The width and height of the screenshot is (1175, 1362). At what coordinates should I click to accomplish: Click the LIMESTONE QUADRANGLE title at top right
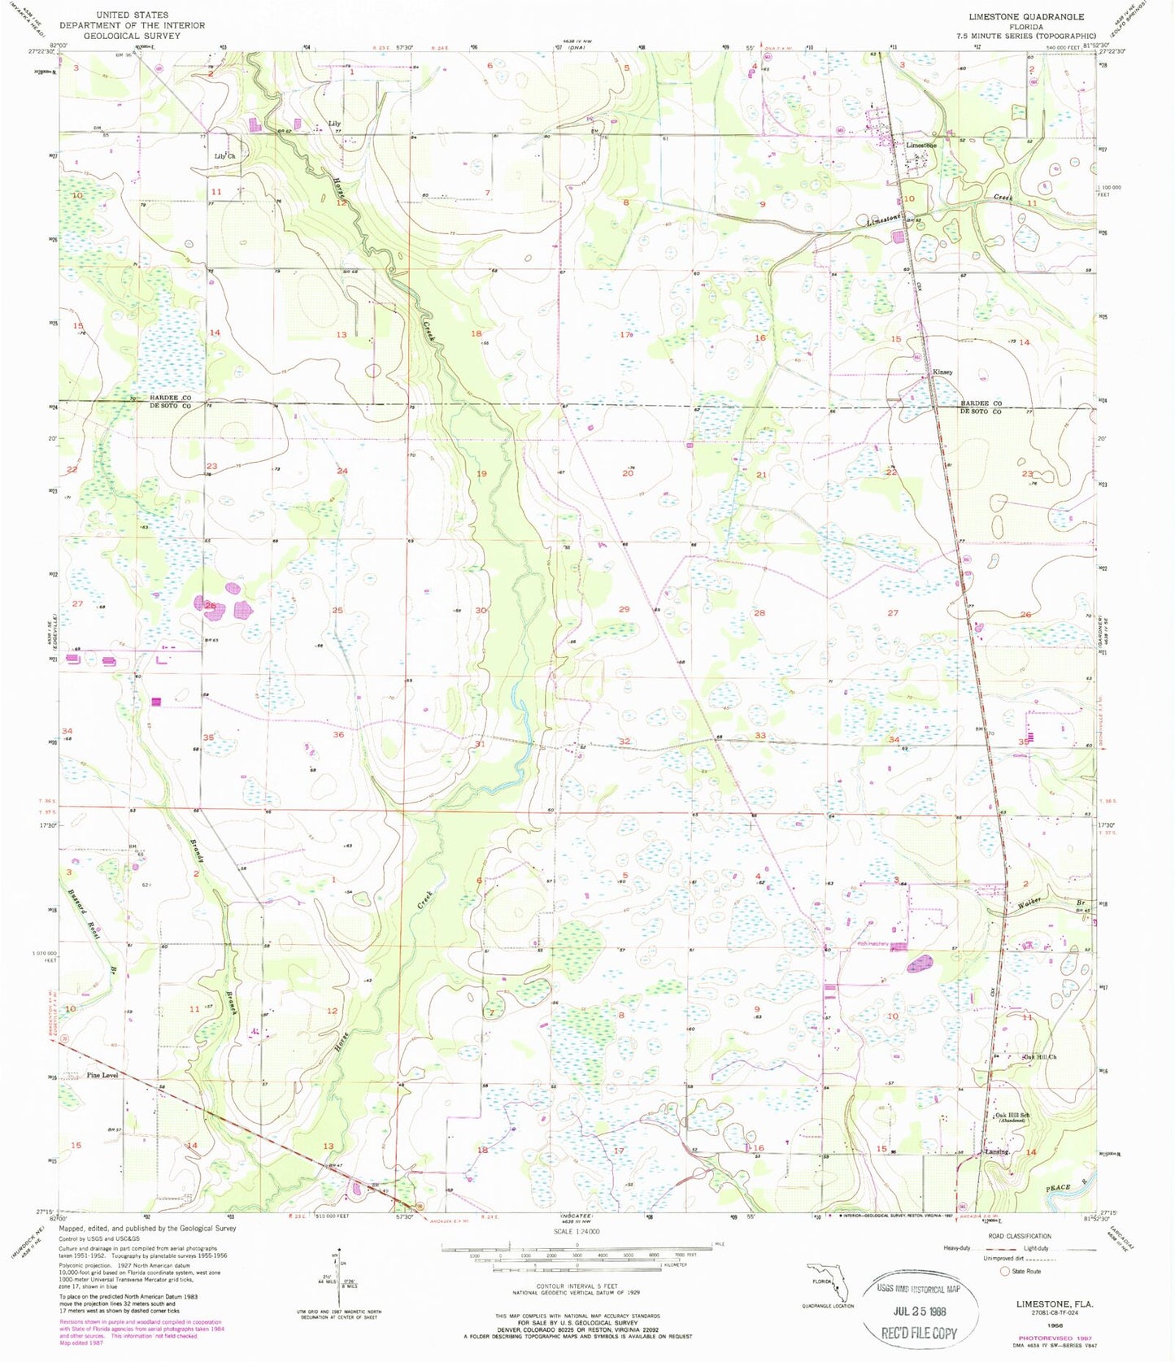click(x=1025, y=16)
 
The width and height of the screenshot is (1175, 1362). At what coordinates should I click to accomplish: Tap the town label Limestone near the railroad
click(x=921, y=146)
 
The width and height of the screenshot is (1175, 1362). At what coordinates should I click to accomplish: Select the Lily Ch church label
click(x=224, y=156)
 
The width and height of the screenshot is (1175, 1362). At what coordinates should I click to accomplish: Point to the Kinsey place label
click(x=942, y=372)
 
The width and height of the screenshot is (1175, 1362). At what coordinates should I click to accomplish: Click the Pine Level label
click(x=102, y=1075)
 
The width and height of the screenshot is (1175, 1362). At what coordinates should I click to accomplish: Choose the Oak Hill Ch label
click(x=1040, y=1057)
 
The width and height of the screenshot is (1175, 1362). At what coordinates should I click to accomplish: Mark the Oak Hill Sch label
click(x=1013, y=1116)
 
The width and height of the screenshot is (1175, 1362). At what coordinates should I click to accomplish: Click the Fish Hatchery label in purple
click(x=873, y=944)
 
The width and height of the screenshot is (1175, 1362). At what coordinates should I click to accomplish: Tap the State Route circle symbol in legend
click(x=1005, y=1271)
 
